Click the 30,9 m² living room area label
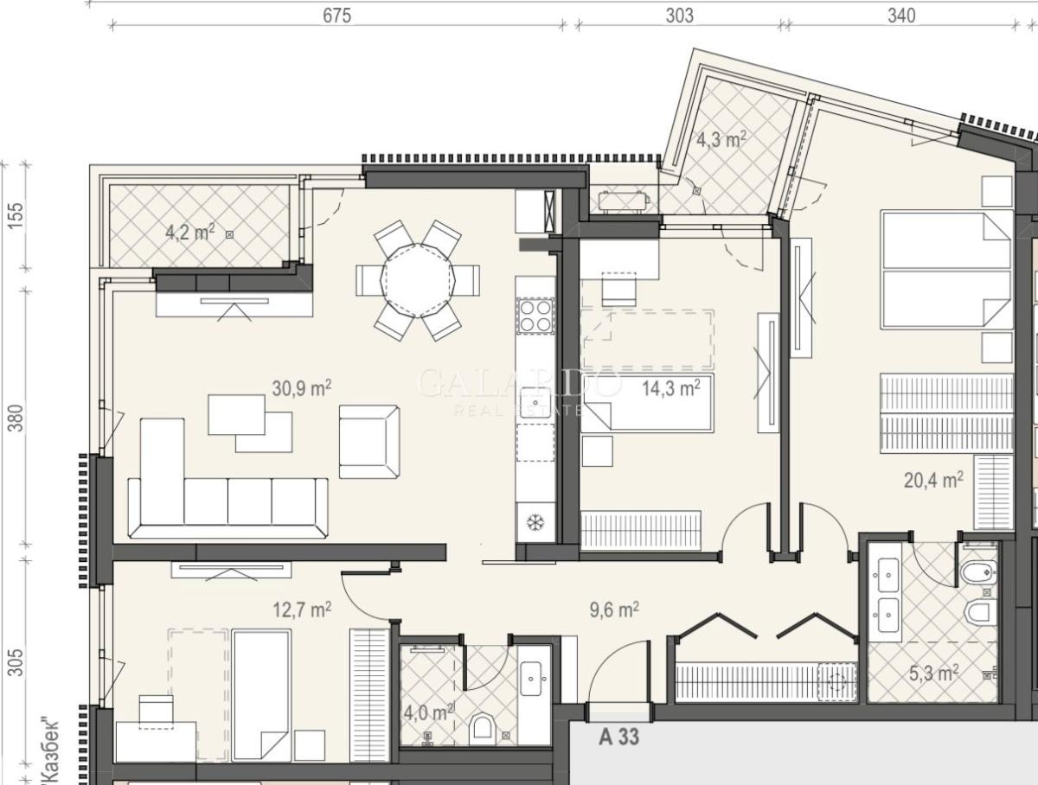pos(302,388)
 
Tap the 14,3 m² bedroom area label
pos(671,388)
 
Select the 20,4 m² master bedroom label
pos(933,480)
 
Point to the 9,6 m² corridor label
pos(614,609)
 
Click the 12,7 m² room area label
pos(302,609)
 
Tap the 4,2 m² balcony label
pos(190,232)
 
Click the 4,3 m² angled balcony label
pos(721,139)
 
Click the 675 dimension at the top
pos(336,16)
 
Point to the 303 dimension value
pos(680,16)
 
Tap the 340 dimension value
pos(901,16)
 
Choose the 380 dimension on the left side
pos(16,418)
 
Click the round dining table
pos(418,280)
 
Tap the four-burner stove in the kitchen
pos(535,316)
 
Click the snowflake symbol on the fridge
pos(535,523)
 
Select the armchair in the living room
pos(369,442)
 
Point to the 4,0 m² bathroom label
pos(428,712)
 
